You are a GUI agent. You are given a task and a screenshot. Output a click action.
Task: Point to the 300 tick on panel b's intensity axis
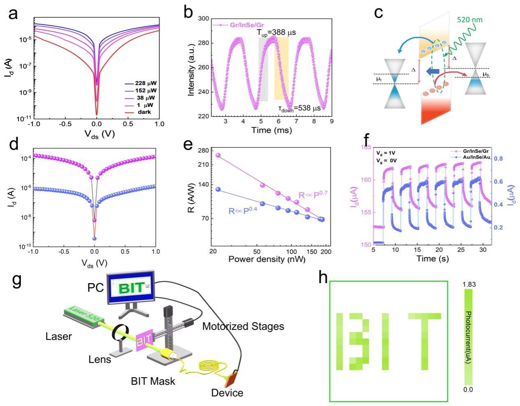[203, 18]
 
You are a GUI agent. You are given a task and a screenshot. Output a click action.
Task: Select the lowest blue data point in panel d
[94, 238]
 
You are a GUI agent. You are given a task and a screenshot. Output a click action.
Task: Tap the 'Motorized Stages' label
[243, 327]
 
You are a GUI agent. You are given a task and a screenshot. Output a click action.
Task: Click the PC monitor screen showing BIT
[131, 288]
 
